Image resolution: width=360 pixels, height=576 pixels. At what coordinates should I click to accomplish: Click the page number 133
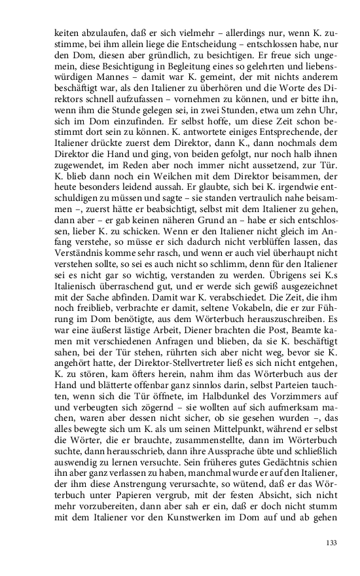pos(331,543)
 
